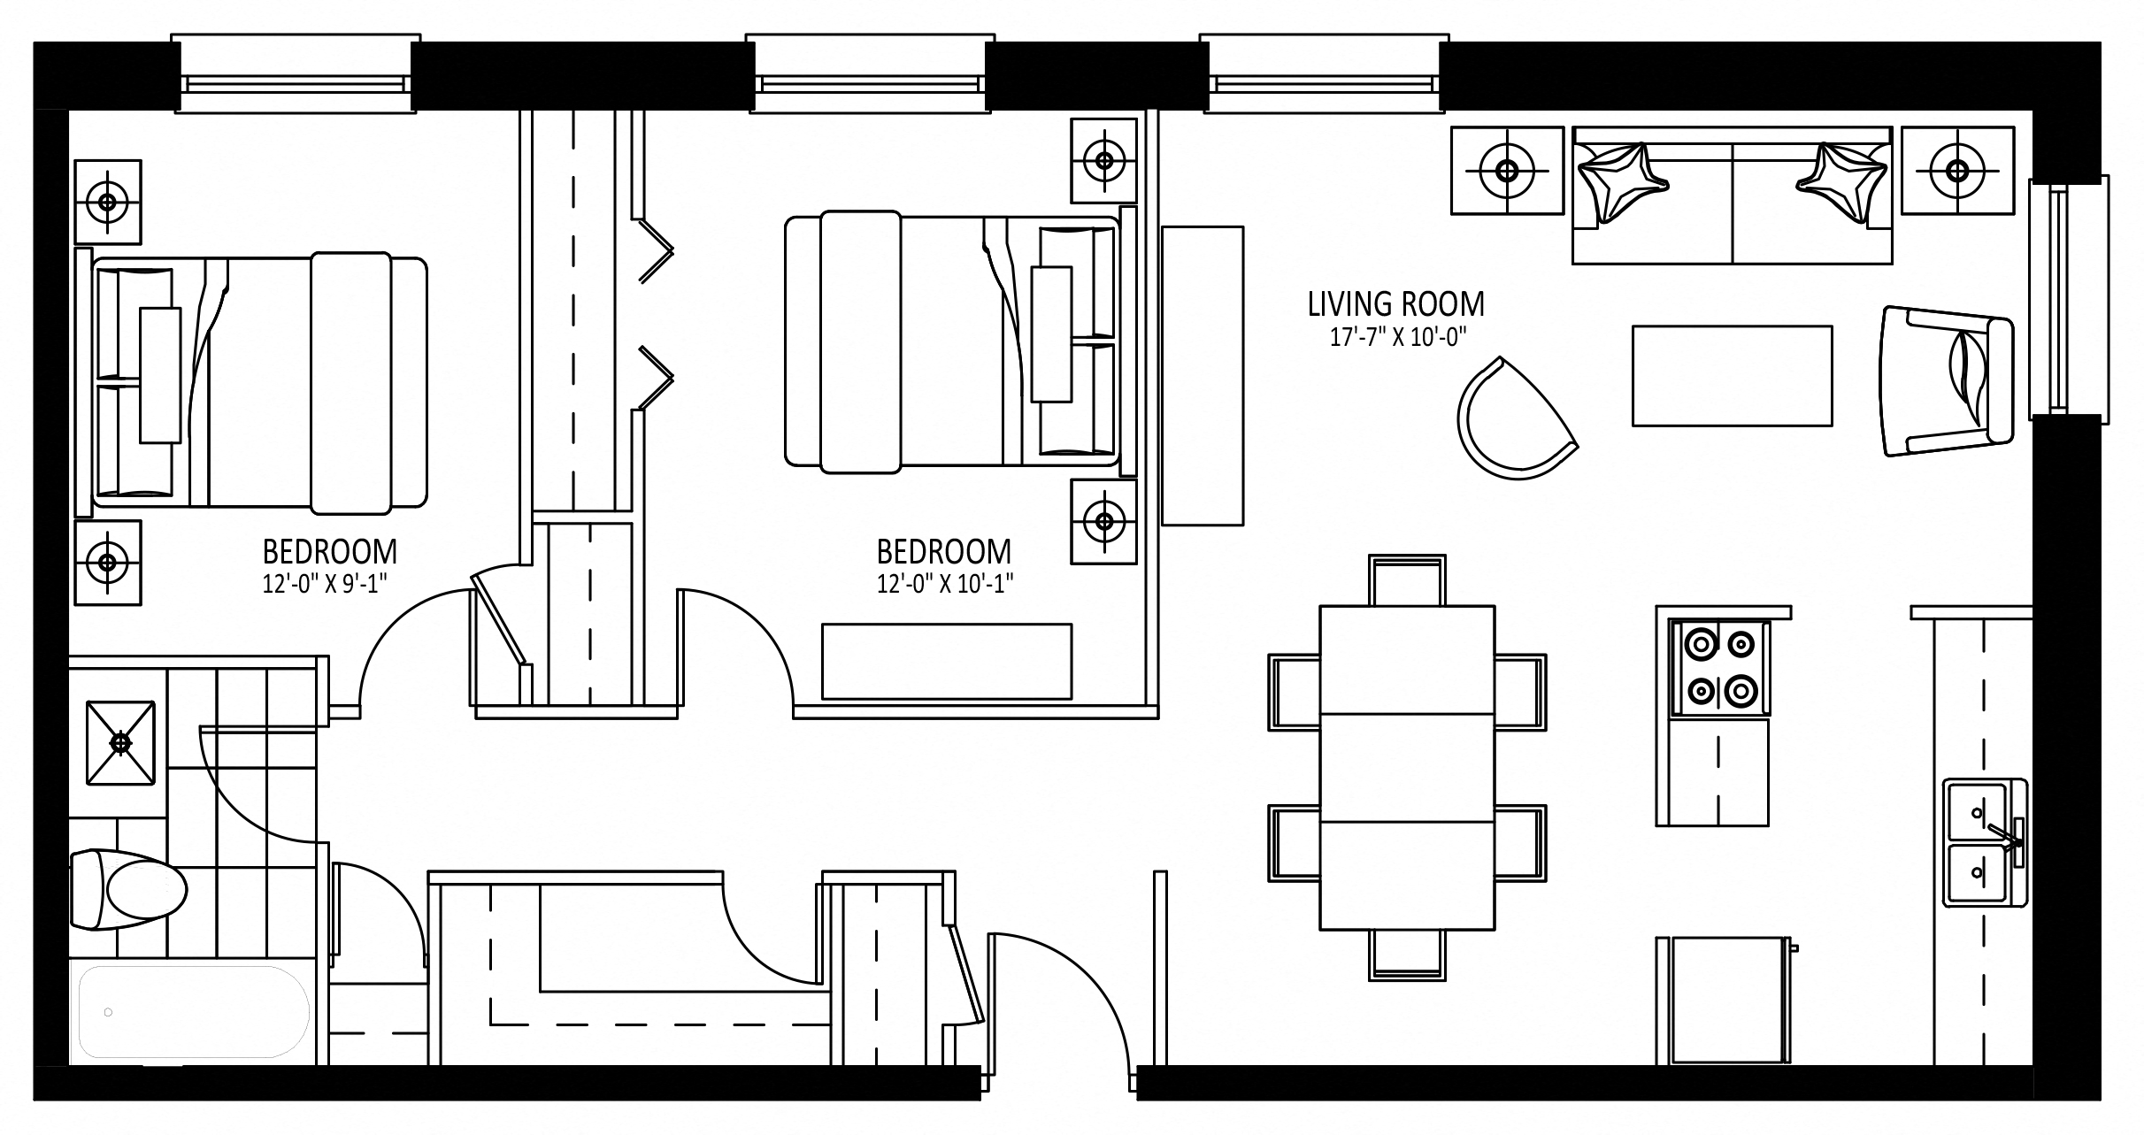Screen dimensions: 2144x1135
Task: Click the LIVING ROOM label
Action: pyautogui.click(x=1395, y=304)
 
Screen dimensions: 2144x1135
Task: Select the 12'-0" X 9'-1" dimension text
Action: pyautogui.click(x=327, y=584)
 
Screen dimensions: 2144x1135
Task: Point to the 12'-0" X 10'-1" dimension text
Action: pyautogui.click(x=945, y=584)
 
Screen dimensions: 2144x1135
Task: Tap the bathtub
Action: pyautogui.click(x=189, y=1011)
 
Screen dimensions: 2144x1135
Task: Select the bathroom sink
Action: pyautogui.click(x=120, y=742)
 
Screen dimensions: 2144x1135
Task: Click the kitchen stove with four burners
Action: pyautogui.click(x=1719, y=668)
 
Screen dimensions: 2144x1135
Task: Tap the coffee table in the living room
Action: pyautogui.click(x=1732, y=376)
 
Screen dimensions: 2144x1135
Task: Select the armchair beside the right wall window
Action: pyautogui.click(x=1947, y=382)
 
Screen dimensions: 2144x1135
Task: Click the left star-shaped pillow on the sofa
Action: pyautogui.click(x=1623, y=192)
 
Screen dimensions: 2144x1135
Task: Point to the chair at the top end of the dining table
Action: pyautogui.click(x=1407, y=580)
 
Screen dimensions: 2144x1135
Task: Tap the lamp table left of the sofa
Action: pyautogui.click(x=1507, y=171)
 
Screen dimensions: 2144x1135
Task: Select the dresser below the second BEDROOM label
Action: pyautogui.click(x=947, y=662)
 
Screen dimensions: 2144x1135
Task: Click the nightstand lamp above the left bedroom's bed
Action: pyautogui.click(x=108, y=202)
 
